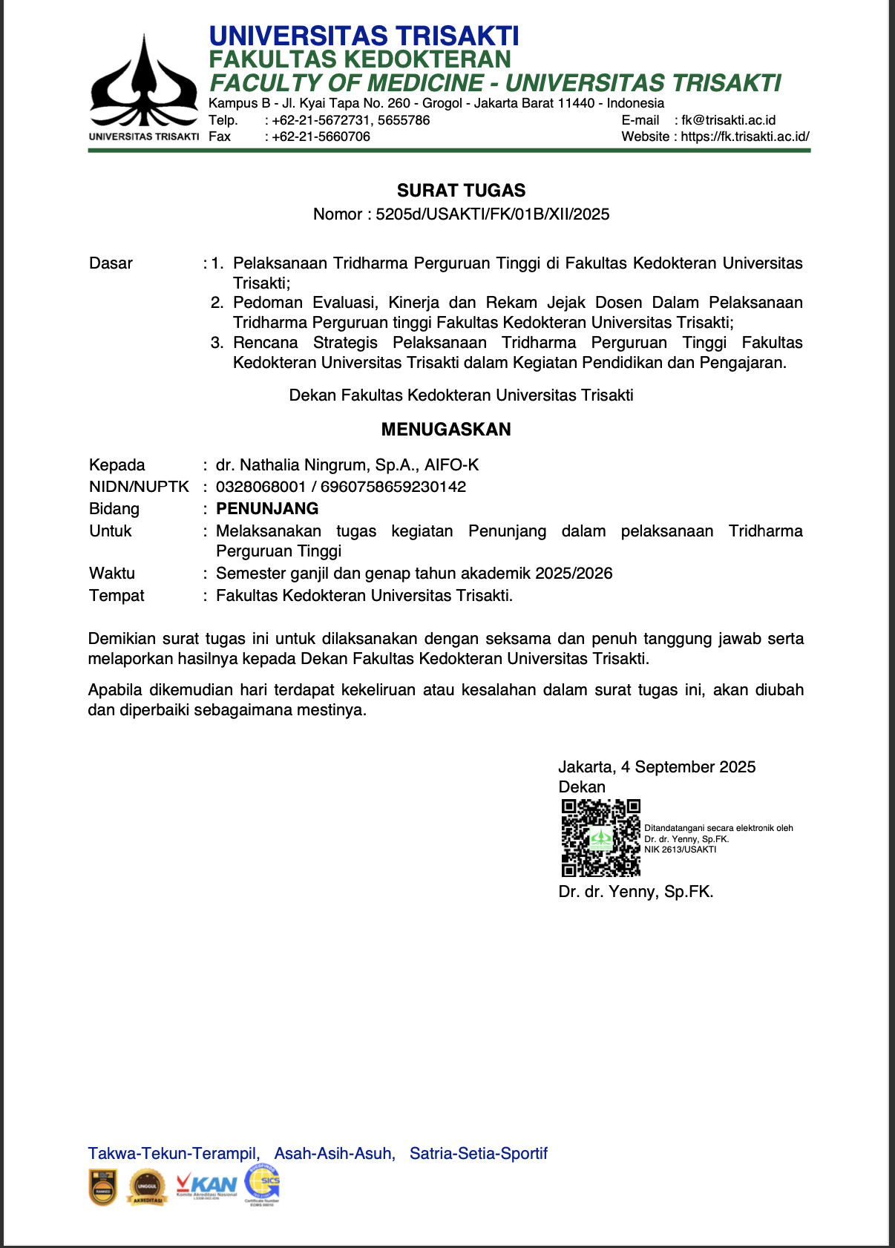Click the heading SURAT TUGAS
click(x=461, y=191)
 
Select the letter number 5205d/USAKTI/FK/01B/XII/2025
click(x=492, y=214)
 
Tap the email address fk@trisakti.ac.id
click(x=728, y=120)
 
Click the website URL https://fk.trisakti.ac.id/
click(x=744, y=137)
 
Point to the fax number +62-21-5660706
click(x=321, y=137)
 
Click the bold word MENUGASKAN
click(x=446, y=430)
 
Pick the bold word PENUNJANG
click(x=267, y=508)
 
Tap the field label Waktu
click(x=112, y=573)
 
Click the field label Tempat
click(x=117, y=595)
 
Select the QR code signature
click(x=600, y=838)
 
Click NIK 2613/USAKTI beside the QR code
click(x=680, y=850)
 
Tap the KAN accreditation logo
click(x=207, y=1185)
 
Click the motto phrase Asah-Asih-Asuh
click(x=334, y=1153)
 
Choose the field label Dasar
click(x=111, y=263)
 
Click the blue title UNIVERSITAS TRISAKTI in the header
click(x=364, y=36)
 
